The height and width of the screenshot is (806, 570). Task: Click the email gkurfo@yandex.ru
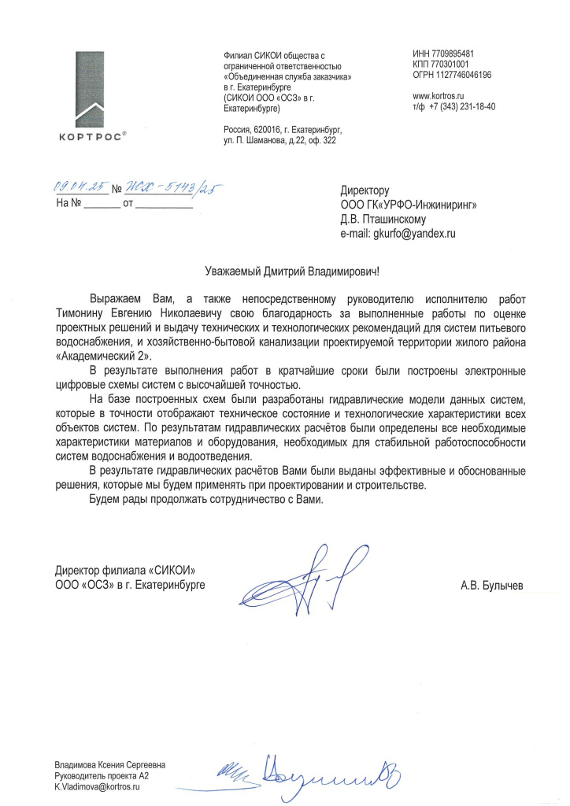tap(414, 234)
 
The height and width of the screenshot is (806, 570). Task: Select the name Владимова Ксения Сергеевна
tap(110, 764)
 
